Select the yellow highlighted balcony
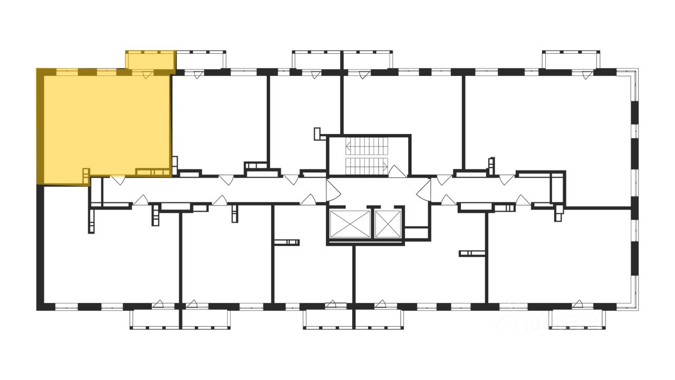pos(150,61)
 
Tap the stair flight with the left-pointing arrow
pos(367,146)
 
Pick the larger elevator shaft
pos(349,224)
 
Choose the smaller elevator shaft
pos(388,223)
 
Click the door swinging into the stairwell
pos(397,171)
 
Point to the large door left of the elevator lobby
pos(332,191)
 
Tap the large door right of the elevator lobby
pos(424,191)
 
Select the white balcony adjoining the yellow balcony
pos(200,60)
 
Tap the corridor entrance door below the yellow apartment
pos(118,179)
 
